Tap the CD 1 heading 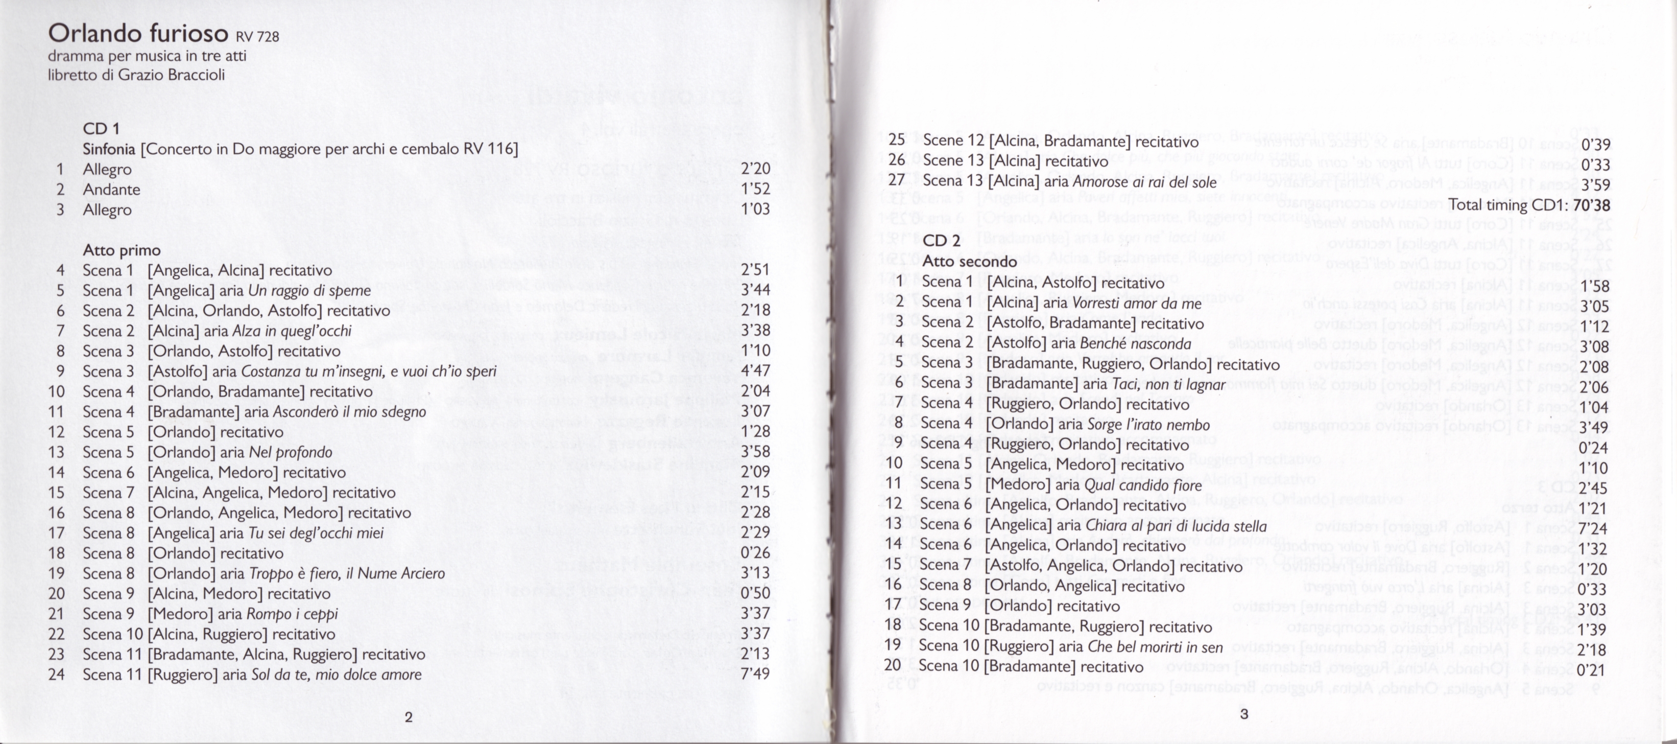click(101, 128)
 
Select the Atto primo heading click(121, 250)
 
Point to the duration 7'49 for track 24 click(755, 673)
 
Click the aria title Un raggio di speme click(309, 291)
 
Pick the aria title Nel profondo click(291, 452)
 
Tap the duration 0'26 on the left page click(755, 552)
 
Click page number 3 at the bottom click(1243, 713)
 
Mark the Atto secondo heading click(969, 261)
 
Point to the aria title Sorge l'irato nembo click(1148, 425)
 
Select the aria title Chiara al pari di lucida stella click(1177, 526)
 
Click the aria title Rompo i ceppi click(294, 614)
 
